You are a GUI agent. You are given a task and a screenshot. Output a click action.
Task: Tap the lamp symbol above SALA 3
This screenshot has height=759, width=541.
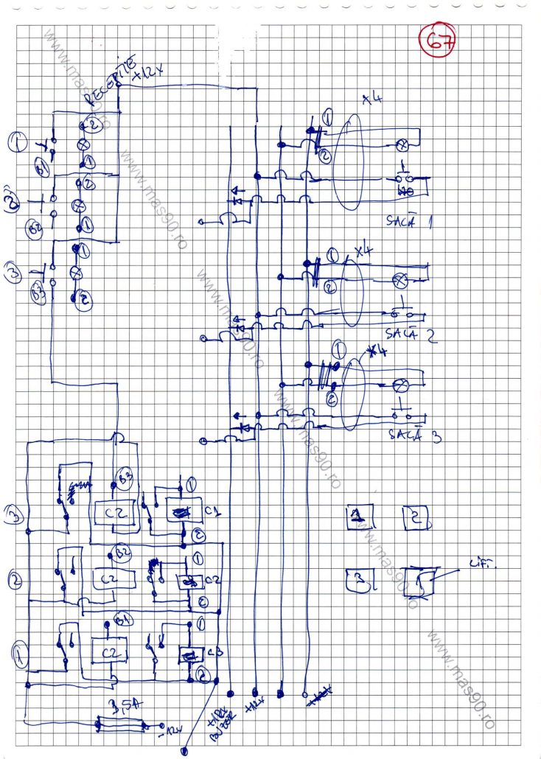coord(403,385)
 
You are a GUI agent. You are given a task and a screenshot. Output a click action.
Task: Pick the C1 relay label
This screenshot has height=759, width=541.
coord(212,510)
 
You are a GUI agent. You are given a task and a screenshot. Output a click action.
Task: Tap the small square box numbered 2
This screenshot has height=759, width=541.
coord(416,517)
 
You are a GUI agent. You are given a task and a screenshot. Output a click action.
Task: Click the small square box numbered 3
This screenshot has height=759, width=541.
coord(359,580)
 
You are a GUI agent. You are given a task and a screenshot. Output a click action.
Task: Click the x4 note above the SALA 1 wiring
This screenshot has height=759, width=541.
coord(372,101)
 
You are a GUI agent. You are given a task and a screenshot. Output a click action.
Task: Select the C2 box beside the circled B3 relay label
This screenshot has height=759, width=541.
coord(112,513)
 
